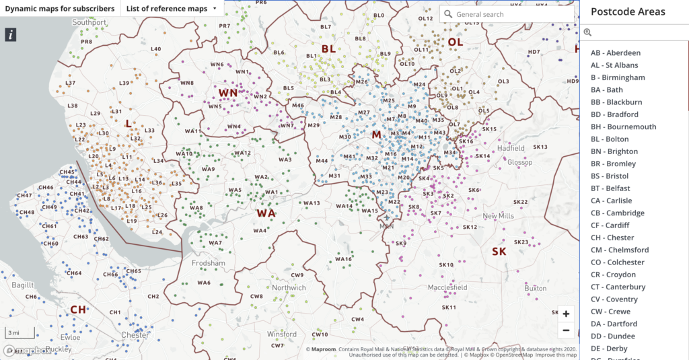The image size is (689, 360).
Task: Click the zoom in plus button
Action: pyautogui.click(x=566, y=314)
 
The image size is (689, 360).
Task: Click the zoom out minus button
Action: pyautogui.click(x=566, y=330)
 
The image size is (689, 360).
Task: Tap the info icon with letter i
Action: pyautogui.click(x=10, y=35)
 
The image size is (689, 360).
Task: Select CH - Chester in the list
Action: pyautogui.click(x=612, y=238)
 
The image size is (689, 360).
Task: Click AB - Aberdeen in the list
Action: pyautogui.click(x=616, y=52)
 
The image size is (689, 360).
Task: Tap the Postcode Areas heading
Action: pyautogui.click(x=628, y=11)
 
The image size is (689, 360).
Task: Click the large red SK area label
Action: pyautogui.click(x=499, y=251)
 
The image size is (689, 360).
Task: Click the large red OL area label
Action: pyautogui.click(x=456, y=42)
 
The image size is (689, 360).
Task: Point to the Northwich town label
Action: pyautogui.click(x=289, y=287)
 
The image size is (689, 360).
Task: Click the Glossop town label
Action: pyautogui.click(x=519, y=162)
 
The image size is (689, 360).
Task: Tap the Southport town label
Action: pyautogui.click(x=89, y=22)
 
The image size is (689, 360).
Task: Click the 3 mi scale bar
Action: pyautogui.click(x=13, y=332)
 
